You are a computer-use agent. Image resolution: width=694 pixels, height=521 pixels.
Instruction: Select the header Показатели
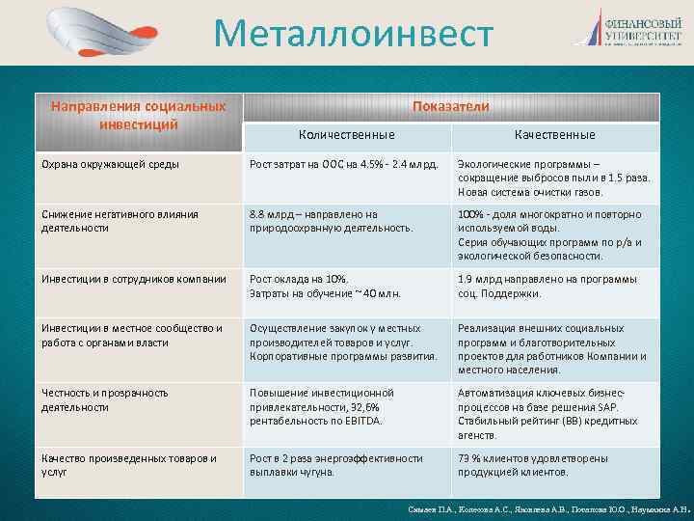point(450,106)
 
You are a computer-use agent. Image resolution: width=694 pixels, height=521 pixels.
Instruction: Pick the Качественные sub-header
point(554,135)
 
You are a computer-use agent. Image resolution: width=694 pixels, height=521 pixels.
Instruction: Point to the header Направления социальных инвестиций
point(139,114)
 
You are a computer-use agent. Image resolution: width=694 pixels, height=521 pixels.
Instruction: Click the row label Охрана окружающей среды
point(110,164)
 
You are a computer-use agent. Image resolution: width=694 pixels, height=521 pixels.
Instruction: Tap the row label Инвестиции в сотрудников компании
point(134,280)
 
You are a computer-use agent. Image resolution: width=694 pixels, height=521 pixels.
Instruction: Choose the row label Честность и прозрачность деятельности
point(104,399)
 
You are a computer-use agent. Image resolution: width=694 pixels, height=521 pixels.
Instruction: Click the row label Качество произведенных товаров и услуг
point(128,464)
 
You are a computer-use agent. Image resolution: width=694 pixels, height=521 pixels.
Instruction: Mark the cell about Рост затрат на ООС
point(344,164)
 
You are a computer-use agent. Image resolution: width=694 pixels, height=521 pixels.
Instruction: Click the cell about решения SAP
point(552,414)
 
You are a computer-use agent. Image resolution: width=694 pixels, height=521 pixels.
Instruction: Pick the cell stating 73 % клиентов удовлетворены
point(546,464)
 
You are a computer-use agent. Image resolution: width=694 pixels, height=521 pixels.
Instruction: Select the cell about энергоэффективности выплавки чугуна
point(335,464)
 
